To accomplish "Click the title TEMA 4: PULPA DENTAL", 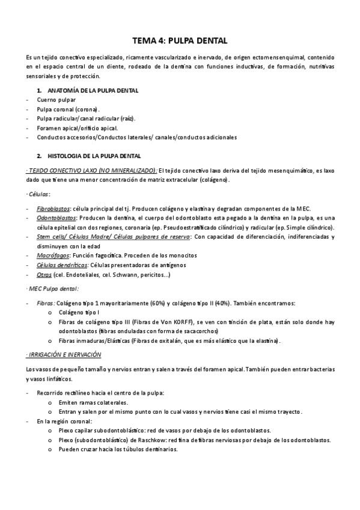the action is click(x=180, y=41).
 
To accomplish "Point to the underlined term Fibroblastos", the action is click(x=53, y=208).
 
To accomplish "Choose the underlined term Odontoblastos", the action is click(x=55, y=218).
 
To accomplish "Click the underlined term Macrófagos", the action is click(x=52, y=256).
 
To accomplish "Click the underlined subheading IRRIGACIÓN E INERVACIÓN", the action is click(x=64, y=355).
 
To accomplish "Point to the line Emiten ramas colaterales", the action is click(x=93, y=402).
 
